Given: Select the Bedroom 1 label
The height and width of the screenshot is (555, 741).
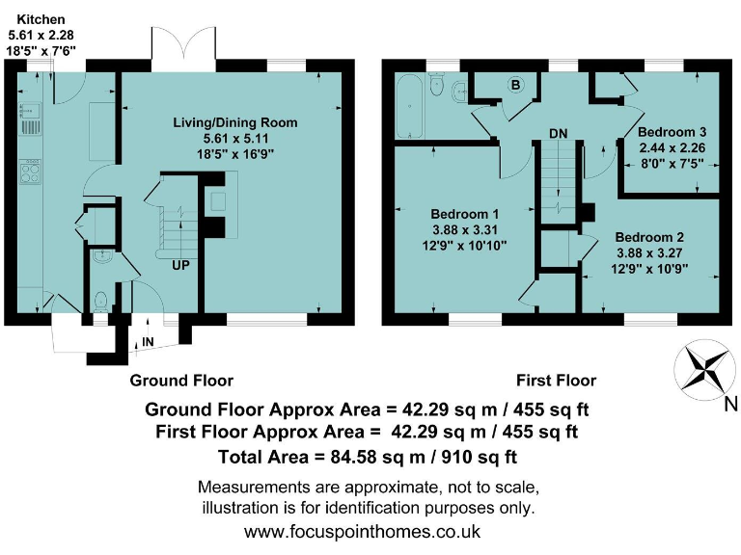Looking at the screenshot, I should pos(464,214).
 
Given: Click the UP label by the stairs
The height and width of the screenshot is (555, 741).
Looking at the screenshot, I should pos(180,265).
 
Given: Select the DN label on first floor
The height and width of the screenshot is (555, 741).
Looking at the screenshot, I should pos(558,132).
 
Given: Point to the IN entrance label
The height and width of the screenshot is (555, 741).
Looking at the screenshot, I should pos(147,342).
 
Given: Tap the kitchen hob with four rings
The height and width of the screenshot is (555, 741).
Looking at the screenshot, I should pos(30,174).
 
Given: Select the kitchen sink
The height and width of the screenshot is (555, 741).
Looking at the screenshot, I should pos(28,119).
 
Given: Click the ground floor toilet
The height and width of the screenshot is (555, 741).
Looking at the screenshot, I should pos(101,301).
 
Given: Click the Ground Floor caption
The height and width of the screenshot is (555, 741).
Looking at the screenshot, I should pos(181,380).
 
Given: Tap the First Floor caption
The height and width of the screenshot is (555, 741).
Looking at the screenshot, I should pos(556,380).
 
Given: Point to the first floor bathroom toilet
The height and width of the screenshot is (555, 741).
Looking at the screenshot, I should pos(438,88).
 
